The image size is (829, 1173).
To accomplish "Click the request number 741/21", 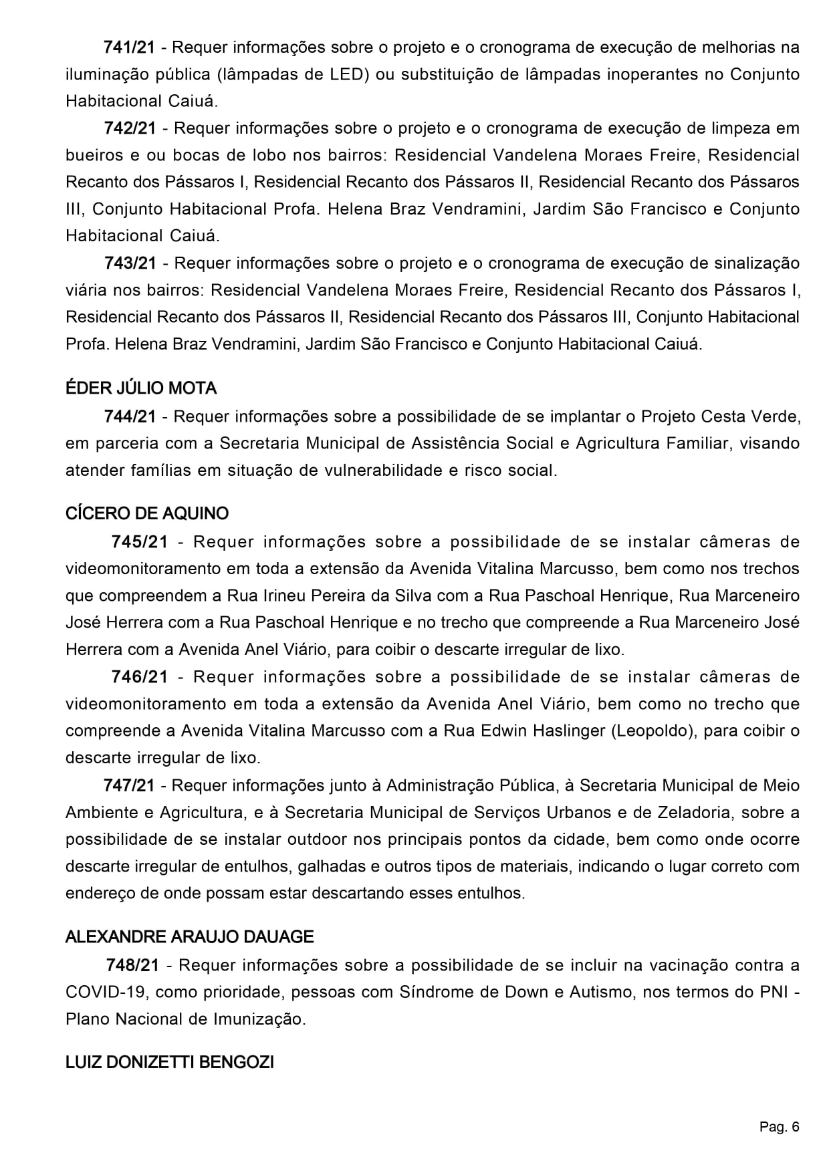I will pos(129,47).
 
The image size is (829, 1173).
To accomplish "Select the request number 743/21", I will pos(130,263).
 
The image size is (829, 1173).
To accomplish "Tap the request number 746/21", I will pos(140,676).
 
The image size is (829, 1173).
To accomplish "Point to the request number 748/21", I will pos(132,965).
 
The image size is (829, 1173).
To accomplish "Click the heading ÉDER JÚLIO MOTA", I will pos(141,388).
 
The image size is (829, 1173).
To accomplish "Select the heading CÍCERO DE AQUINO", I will pos(147,513).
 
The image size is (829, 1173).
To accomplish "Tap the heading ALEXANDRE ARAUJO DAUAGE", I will pos(189,936).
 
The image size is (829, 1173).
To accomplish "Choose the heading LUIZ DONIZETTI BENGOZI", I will pos(170,1061).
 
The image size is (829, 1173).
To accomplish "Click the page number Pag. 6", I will pos(779,1128).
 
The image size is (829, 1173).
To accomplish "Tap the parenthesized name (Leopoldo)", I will pos(652,731).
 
